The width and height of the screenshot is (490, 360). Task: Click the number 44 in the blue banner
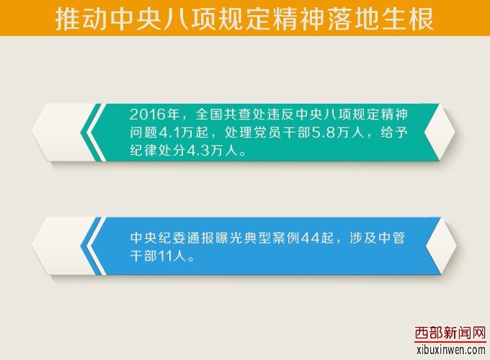click(x=311, y=238)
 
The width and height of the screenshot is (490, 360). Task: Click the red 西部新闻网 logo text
click(x=450, y=333)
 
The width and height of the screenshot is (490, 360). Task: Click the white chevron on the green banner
click(x=93, y=132)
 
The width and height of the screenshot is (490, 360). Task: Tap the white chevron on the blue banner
click(x=93, y=246)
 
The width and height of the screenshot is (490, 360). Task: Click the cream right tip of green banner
click(x=440, y=132)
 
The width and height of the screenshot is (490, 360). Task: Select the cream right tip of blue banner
click(x=440, y=246)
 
